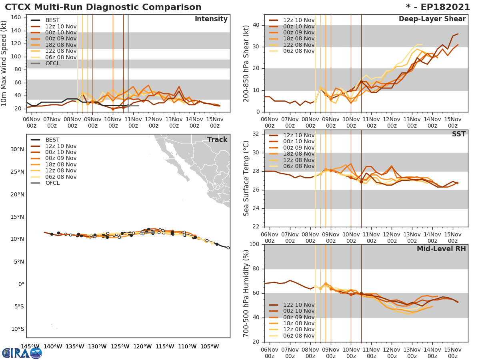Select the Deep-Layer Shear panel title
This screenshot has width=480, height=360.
(x=432, y=19)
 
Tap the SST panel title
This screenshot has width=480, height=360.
(x=459, y=134)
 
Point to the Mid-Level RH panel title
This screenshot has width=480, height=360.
(x=441, y=249)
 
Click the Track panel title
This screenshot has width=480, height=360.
(x=217, y=140)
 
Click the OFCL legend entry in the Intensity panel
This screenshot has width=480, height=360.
(x=52, y=63)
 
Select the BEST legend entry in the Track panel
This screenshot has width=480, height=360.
(x=52, y=140)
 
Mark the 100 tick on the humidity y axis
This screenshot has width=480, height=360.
(x=255, y=244)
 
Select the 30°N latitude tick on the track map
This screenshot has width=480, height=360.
(x=17, y=150)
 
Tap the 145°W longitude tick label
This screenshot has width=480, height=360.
(x=30, y=347)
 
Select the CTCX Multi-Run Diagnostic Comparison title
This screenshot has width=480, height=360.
(x=103, y=7)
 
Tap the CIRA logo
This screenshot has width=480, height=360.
(x=22, y=353)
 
